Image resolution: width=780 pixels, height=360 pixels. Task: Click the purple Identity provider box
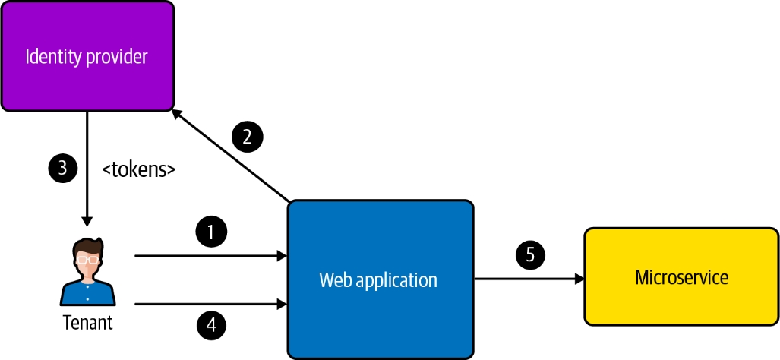tap(87, 56)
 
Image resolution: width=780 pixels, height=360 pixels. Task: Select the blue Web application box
tap(380, 279)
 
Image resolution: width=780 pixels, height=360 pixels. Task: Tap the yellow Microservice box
tap(681, 277)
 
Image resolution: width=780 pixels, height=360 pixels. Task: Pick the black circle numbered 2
tap(247, 137)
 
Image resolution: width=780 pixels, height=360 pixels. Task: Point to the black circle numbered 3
tap(63, 168)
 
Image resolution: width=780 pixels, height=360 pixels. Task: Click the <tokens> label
tap(139, 169)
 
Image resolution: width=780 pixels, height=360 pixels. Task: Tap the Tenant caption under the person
tap(87, 323)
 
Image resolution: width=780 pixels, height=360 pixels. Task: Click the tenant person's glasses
tap(87, 259)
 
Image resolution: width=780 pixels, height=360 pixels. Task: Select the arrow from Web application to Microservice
tap(529, 279)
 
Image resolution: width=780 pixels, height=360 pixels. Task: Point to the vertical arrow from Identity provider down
tap(87, 167)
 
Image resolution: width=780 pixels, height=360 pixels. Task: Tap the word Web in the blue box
tap(335, 279)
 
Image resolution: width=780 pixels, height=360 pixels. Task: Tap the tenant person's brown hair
tap(87, 245)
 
